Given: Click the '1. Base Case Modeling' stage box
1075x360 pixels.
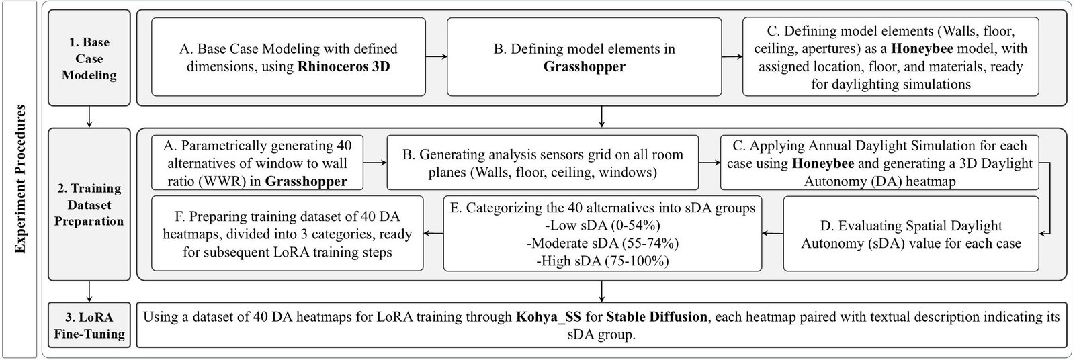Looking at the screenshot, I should (89, 58).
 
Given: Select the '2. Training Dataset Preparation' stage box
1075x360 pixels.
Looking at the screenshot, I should (89, 204).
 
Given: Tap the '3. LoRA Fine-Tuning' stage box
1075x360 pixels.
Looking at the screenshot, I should (89, 325).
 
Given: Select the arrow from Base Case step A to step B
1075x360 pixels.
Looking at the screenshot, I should (436, 57).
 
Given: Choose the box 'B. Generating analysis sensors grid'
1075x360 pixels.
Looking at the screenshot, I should (542, 163).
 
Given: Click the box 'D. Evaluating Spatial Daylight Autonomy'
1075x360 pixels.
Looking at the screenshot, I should (910, 234).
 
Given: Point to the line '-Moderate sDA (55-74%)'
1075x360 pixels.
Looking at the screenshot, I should (603, 242).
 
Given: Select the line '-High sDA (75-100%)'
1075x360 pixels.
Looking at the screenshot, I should (603, 260).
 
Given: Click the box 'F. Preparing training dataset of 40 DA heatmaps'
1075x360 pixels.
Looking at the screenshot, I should (288, 234).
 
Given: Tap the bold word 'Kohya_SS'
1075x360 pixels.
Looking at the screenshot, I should (543, 317).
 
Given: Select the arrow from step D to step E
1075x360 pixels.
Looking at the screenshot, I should (772, 234).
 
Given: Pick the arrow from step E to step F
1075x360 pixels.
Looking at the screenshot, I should (433, 234).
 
